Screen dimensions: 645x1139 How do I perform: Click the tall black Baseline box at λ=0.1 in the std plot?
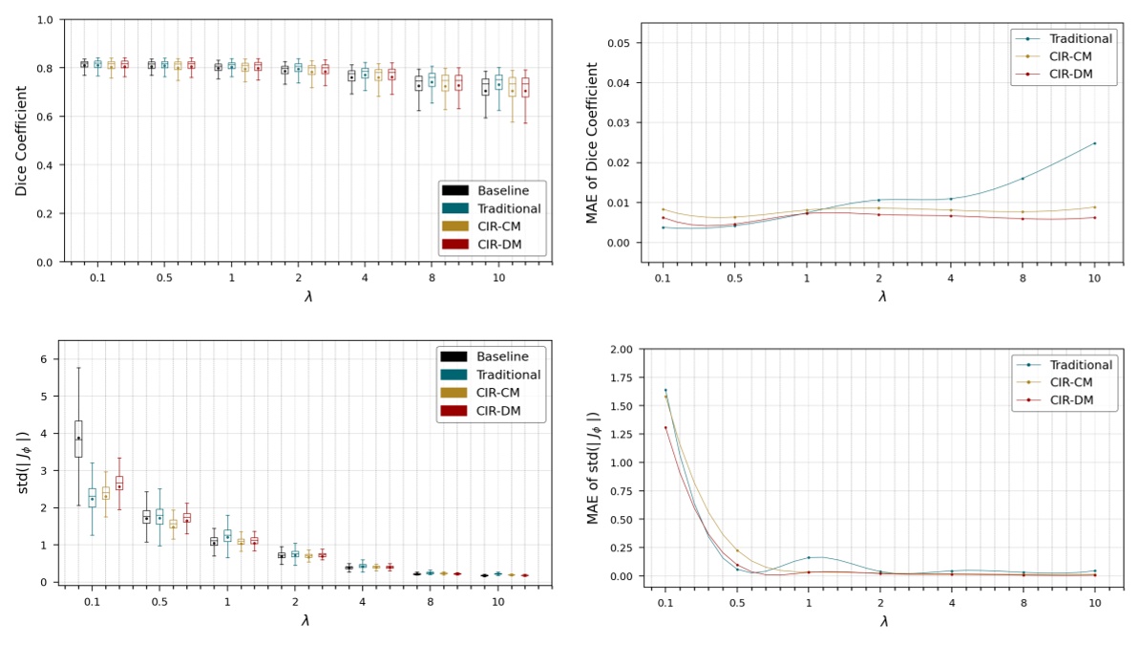point(78,439)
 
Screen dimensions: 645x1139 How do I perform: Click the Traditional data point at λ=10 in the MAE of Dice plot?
point(1094,143)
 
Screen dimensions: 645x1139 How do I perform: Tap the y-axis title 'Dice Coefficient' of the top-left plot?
point(21,140)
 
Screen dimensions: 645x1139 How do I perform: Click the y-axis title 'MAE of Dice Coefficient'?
point(592,143)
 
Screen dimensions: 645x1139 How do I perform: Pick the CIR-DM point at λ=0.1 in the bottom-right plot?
point(665,427)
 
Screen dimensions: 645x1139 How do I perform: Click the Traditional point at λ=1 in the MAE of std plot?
point(809,557)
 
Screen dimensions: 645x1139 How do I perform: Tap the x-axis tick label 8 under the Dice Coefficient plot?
point(431,276)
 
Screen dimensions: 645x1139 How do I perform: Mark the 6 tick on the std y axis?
point(43,359)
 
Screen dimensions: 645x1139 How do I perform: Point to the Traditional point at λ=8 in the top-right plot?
point(1023,179)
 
